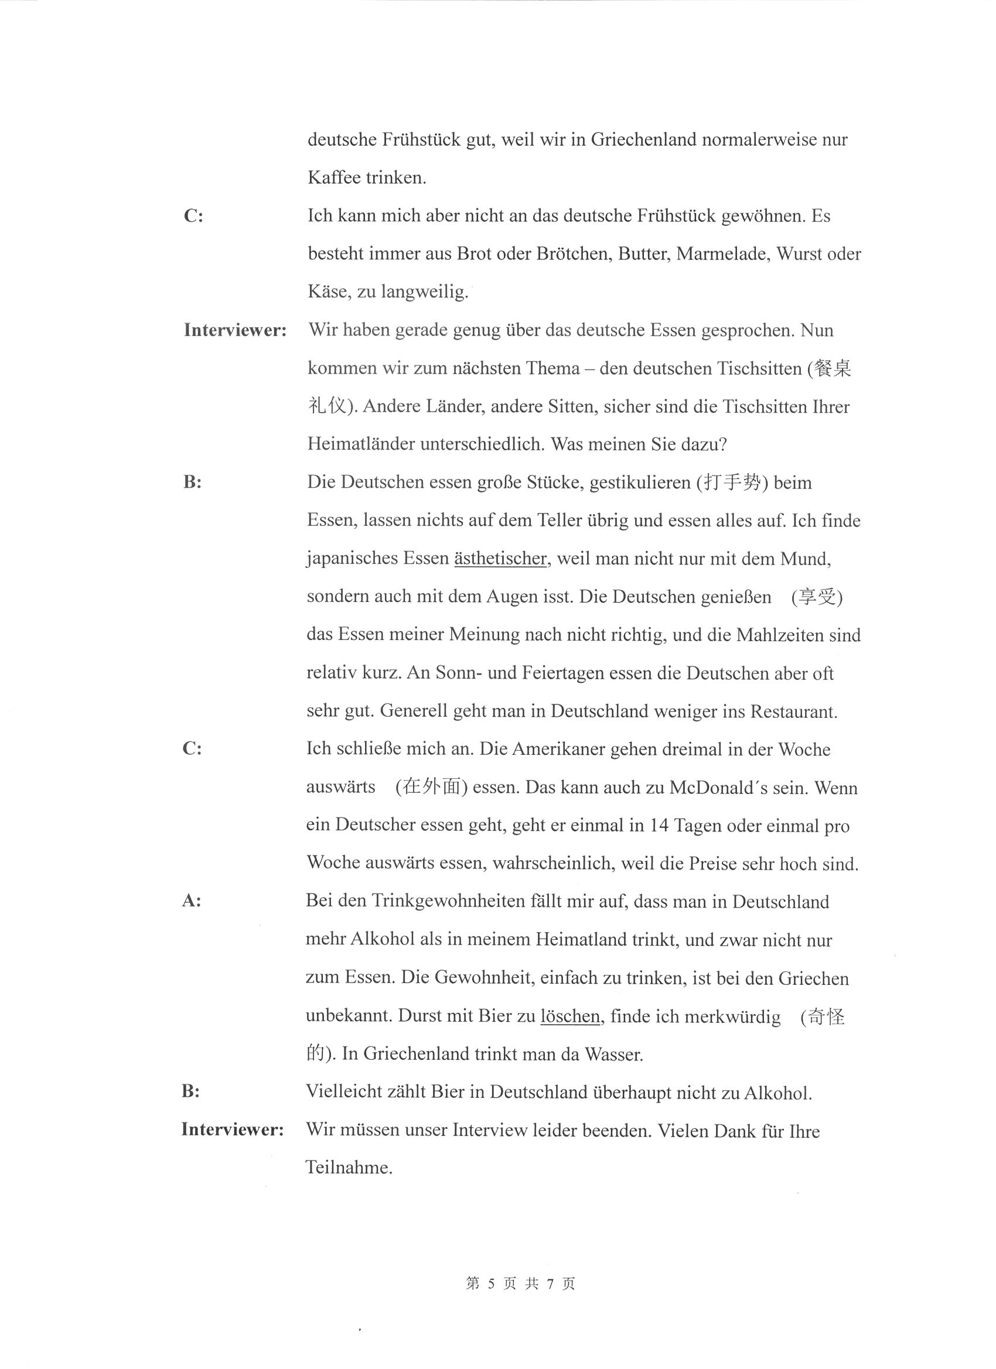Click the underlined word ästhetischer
(500, 559)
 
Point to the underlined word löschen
(569, 1017)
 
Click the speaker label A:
(192, 901)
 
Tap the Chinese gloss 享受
(818, 597)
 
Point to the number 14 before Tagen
(659, 825)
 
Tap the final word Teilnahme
(349, 1168)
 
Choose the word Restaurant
(793, 711)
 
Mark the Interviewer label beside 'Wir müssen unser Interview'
(233, 1130)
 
